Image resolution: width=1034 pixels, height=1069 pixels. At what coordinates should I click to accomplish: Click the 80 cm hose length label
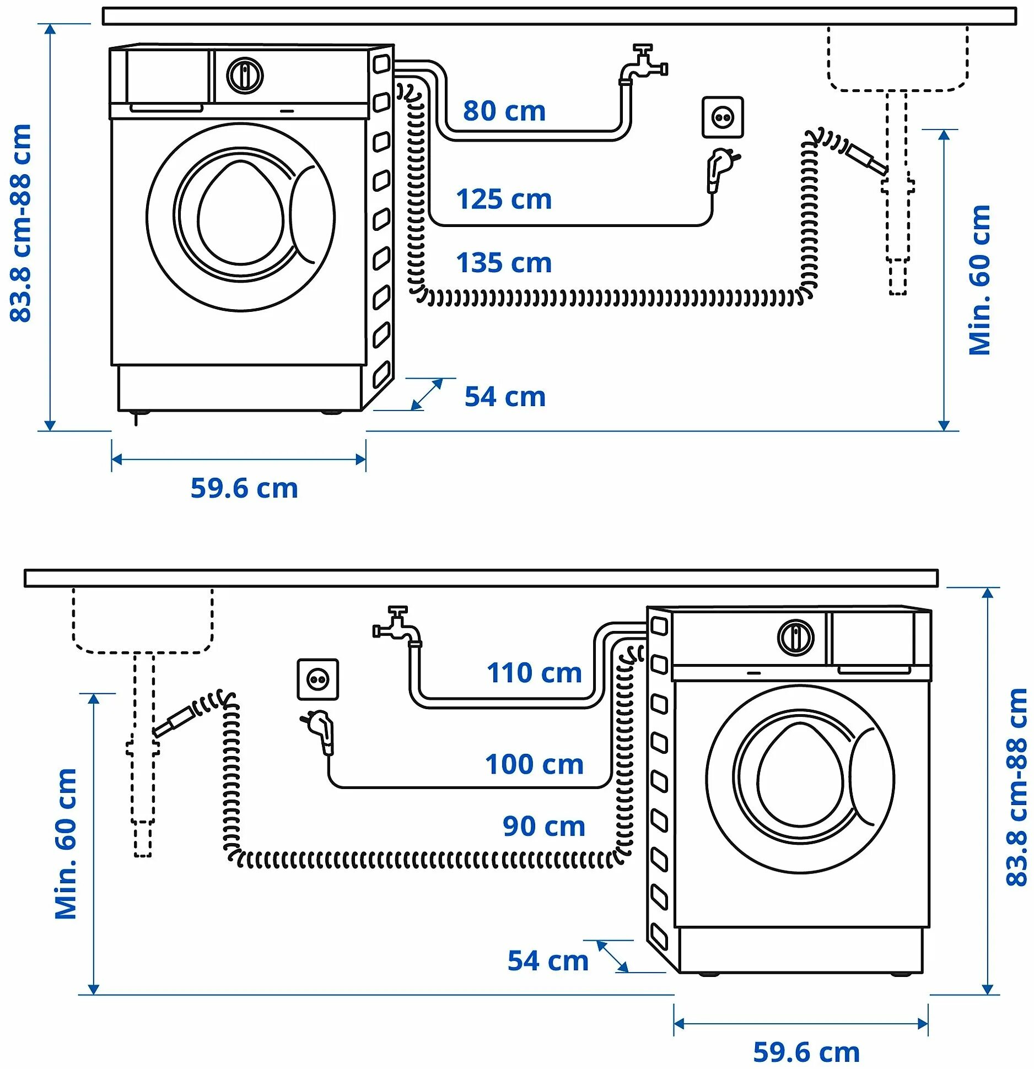tap(504, 111)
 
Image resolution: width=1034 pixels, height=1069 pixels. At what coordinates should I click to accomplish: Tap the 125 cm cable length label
tap(504, 199)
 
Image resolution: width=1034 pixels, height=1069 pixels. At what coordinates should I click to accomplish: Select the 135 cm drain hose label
tap(504, 263)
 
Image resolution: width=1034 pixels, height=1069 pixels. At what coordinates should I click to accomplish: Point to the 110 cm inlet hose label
tap(534, 673)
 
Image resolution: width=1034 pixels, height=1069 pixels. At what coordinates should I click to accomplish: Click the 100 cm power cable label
tap(534, 764)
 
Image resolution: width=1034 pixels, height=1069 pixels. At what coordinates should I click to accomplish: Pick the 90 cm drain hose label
tap(543, 827)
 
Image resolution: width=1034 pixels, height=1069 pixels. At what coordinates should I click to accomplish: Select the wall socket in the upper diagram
tap(722, 117)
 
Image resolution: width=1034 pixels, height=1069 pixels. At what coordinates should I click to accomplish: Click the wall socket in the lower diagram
tap(318, 679)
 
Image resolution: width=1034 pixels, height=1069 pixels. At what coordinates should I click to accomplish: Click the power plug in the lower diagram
tap(321, 731)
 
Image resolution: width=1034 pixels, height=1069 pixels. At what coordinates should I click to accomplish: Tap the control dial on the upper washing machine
tap(245, 75)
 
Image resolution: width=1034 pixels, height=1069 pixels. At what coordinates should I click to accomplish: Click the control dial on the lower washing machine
tap(795, 638)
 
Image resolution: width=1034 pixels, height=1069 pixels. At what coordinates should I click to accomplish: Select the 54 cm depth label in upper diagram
tap(505, 397)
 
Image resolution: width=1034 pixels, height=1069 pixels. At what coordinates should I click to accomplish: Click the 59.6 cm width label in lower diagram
tap(806, 1052)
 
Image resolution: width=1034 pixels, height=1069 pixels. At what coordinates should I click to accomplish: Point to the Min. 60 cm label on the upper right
tap(979, 280)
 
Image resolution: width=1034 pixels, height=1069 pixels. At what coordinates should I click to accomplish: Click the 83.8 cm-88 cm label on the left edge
tap(21, 223)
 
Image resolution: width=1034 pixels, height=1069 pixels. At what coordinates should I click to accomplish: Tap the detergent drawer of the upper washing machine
tap(166, 77)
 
